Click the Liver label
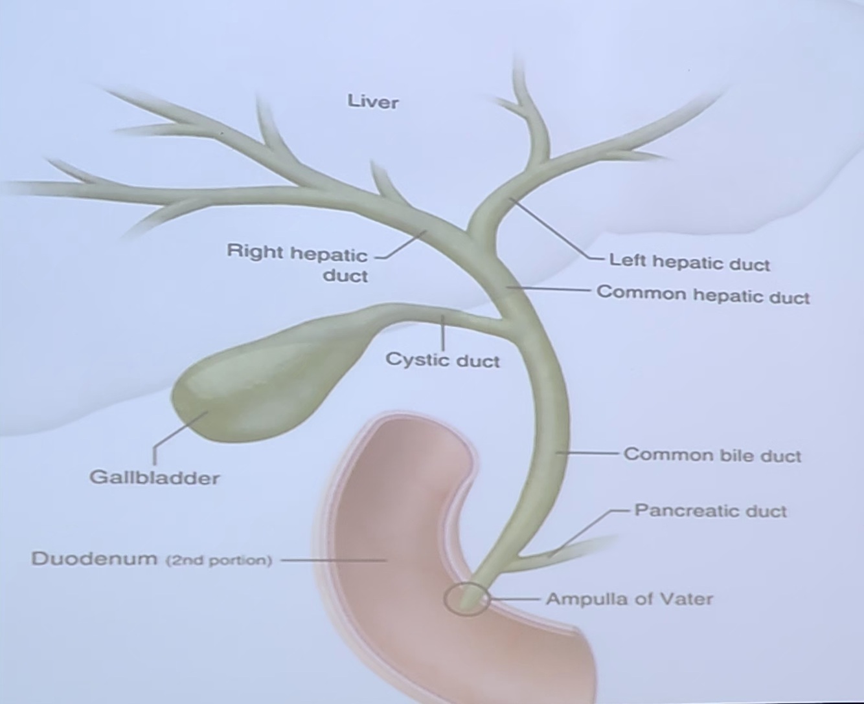[x=373, y=102]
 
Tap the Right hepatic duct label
[x=297, y=263]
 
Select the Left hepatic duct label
[x=689, y=263]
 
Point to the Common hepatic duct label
[x=703, y=294]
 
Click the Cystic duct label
[x=442, y=360]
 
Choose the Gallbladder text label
[x=154, y=478]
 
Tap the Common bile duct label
[x=712, y=455]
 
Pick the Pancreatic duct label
[x=710, y=511]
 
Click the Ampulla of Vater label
[x=629, y=599]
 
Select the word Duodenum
[x=94, y=558]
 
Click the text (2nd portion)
[x=219, y=560]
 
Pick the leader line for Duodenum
[x=330, y=560]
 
